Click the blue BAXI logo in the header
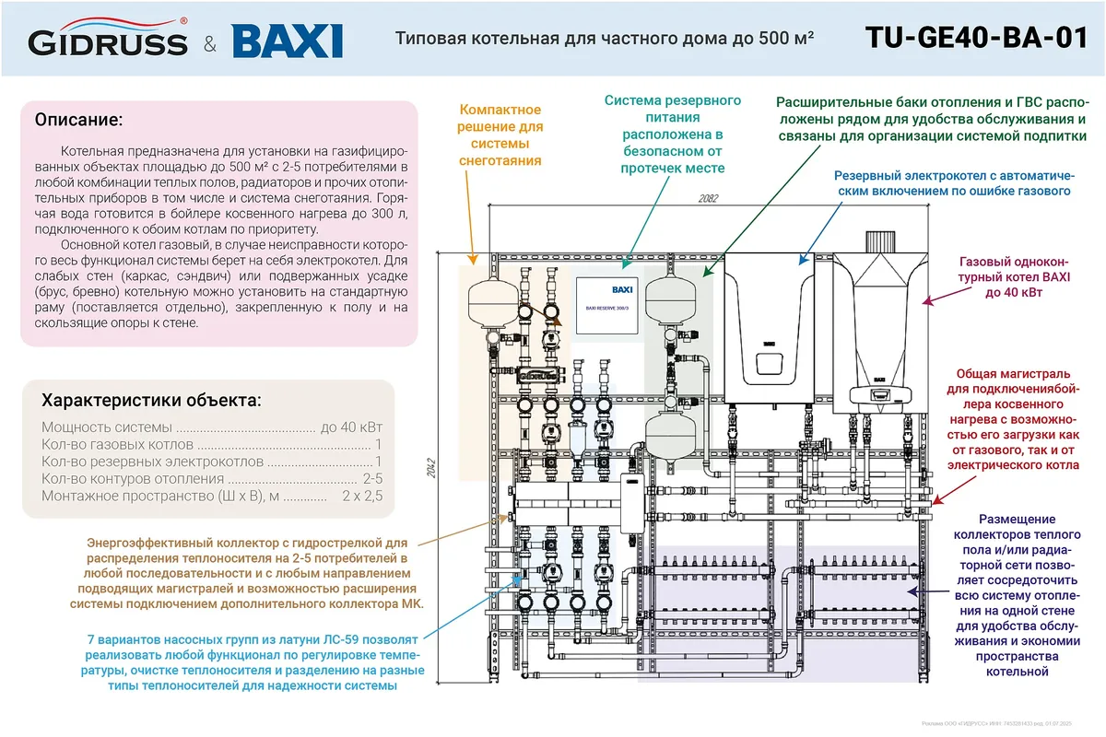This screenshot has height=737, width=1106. [287, 41]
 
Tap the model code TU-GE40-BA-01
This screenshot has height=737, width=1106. [976, 39]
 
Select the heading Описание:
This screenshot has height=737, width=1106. [78, 120]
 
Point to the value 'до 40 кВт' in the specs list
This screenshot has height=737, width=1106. [351, 427]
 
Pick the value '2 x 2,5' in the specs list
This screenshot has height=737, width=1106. [361, 497]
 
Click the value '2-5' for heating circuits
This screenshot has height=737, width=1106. [372, 479]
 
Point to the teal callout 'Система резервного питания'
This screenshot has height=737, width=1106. [673, 134]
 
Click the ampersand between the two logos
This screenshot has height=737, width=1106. [210, 42]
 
